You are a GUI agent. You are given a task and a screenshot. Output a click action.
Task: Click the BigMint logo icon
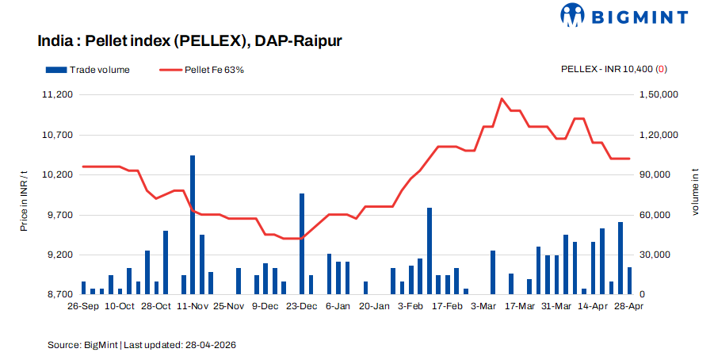click(x=575, y=16)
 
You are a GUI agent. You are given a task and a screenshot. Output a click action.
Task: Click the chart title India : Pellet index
click(x=189, y=40)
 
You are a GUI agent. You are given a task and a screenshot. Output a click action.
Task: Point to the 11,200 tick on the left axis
click(x=55, y=94)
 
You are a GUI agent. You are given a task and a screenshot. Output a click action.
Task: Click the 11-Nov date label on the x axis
click(x=193, y=305)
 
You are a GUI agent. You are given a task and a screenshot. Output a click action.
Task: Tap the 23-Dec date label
click(x=301, y=305)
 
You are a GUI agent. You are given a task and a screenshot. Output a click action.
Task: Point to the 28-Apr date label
click(x=629, y=305)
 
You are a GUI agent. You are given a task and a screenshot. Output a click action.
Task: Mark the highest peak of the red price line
click(x=502, y=99)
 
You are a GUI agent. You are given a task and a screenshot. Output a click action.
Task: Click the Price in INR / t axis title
click(x=24, y=194)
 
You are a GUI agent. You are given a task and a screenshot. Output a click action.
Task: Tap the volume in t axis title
click(x=695, y=194)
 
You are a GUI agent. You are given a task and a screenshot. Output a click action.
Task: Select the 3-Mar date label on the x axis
click(x=483, y=305)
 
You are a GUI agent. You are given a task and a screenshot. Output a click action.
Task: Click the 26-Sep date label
click(x=83, y=305)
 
